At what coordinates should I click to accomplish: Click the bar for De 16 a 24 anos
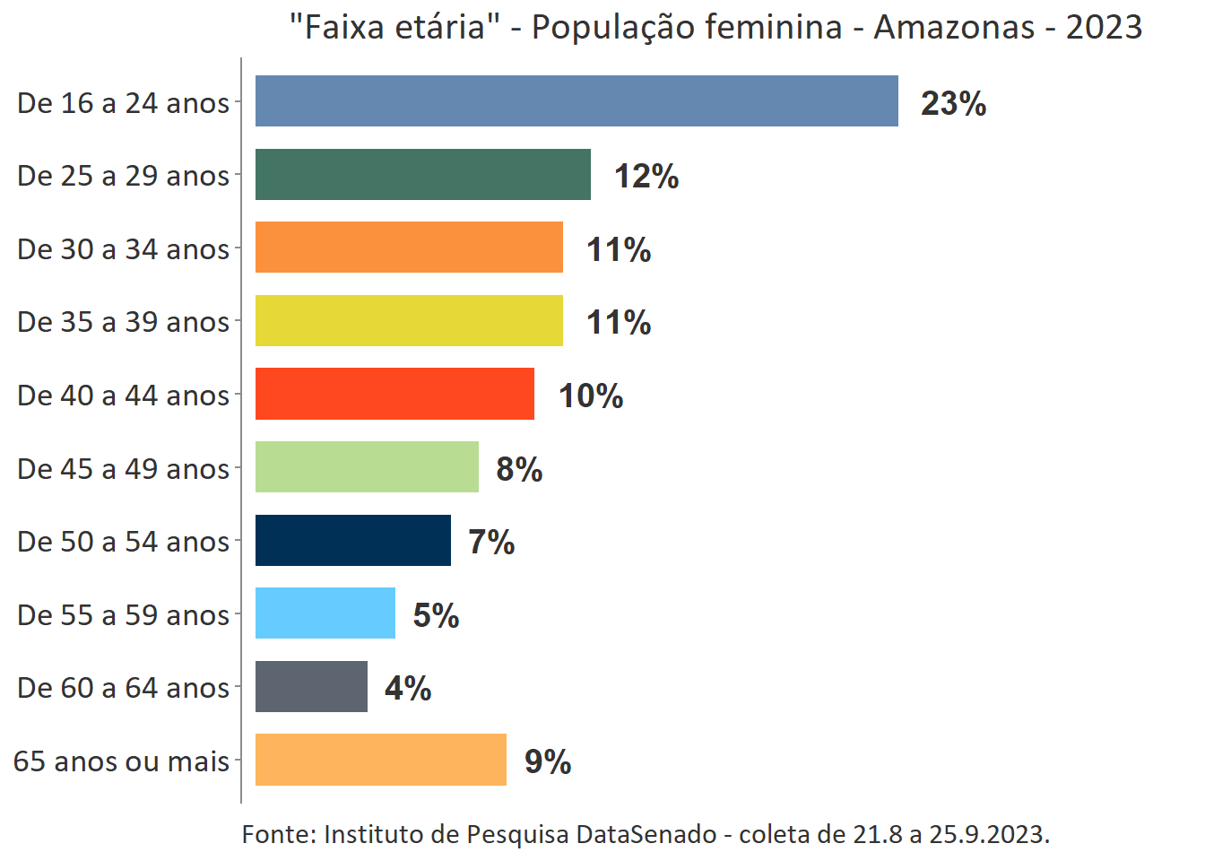coord(576,101)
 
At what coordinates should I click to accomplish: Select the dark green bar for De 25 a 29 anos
coord(423,175)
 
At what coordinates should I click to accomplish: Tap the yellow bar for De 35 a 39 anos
coord(409,321)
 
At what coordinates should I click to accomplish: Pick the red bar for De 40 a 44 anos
coord(394,394)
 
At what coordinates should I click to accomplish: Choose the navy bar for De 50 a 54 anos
coord(353,541)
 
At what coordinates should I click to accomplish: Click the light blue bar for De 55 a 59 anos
coord(325,613)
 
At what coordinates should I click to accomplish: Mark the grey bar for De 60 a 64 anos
coord(311,687)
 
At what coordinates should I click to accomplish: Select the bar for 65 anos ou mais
coord(381,760)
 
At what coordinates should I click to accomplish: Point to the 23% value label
coord(953,104)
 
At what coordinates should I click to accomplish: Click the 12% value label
coord(646,177)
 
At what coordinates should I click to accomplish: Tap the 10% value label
coord(591,396)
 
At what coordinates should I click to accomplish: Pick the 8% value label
coord(519,469)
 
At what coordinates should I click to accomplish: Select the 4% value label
coord(408,689)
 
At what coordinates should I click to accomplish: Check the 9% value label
coord(548,761)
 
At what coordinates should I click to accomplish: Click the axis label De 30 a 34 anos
coord(124,249)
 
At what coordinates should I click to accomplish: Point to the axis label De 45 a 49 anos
coord(124,469)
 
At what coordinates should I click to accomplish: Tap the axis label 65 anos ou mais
coord(122,761)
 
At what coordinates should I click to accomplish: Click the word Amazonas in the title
coord(954,28)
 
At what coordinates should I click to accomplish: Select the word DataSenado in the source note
coord(646,835)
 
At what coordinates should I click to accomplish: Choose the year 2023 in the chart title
coord(1104,28)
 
